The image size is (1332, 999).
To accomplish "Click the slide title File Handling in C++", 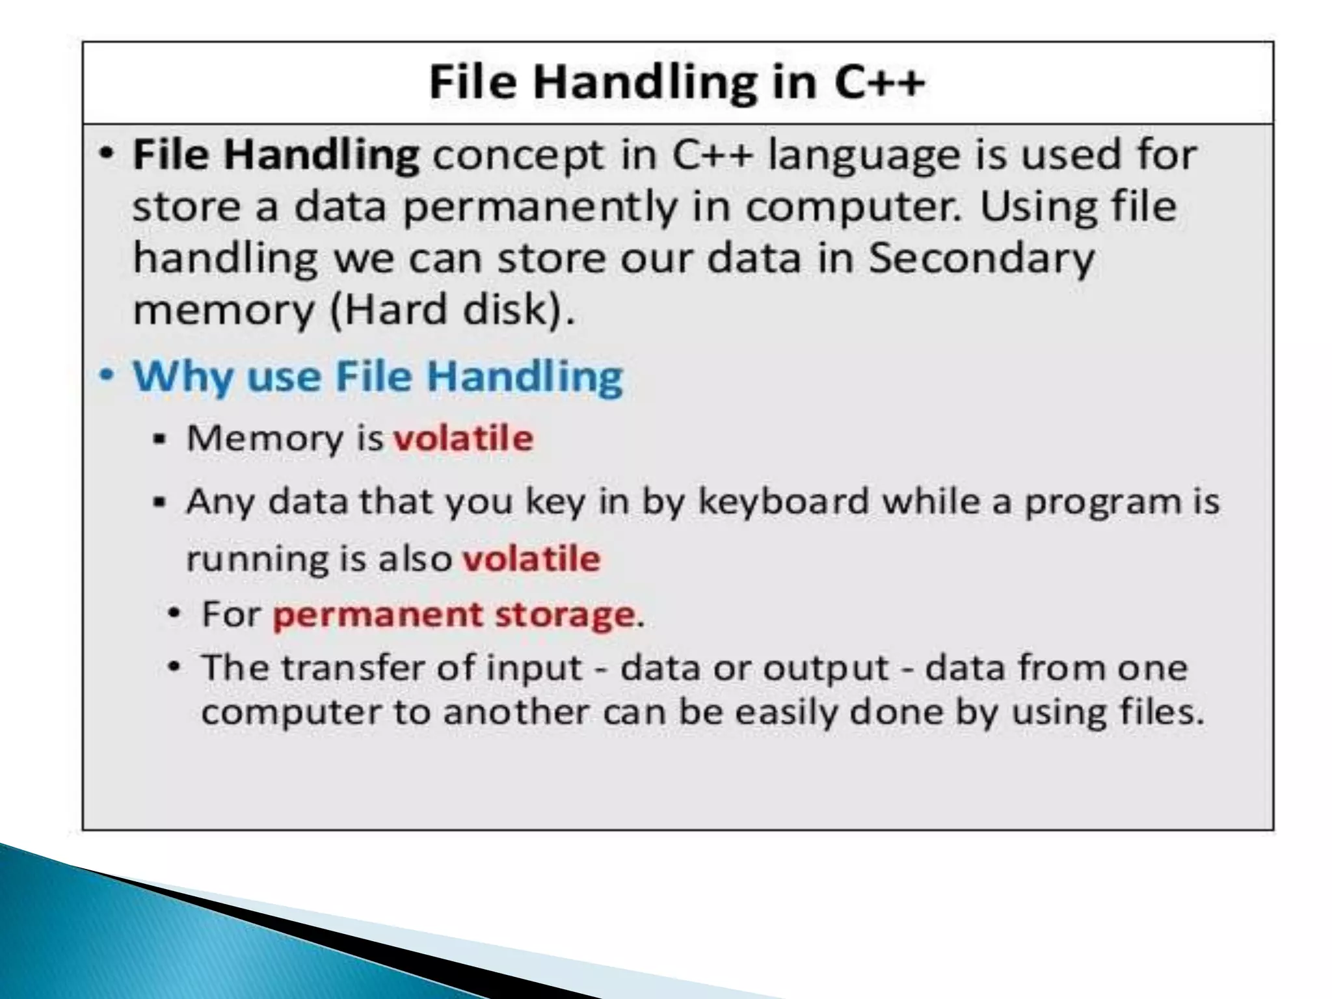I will [x=676, y=83].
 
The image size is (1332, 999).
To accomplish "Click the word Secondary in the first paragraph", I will [x=982, y=258].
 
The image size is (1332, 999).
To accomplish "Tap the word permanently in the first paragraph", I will [x=540, y=207].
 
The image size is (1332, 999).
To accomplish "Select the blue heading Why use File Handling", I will [x=377, y=377].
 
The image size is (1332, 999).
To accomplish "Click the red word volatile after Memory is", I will [x=463, y=438].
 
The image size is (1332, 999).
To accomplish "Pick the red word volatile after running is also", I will [x=531, y=559].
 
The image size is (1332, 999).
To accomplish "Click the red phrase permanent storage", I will [x=454, y=614].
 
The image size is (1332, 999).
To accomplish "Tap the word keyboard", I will [x=783, y=501].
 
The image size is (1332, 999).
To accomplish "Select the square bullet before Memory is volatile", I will [x=160, y=440].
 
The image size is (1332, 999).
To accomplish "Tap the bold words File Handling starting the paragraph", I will [x=276, y=155].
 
